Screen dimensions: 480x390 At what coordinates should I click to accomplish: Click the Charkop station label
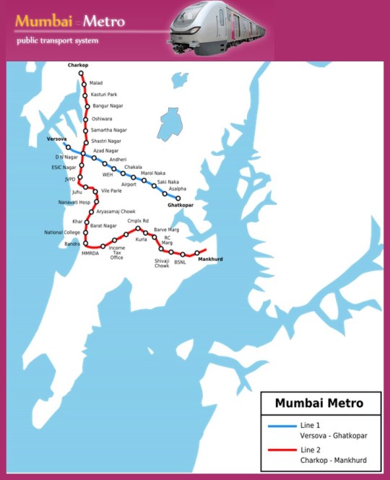point(77,66)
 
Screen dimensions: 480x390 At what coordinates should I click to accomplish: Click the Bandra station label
point(72,244)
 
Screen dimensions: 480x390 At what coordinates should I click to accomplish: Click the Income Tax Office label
point(116,253)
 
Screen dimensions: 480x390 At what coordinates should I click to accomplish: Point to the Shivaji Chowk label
point(162,263)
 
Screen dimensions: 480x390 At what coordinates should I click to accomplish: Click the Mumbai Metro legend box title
point(319,403)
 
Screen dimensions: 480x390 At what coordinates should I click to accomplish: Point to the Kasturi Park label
point(104,95)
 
